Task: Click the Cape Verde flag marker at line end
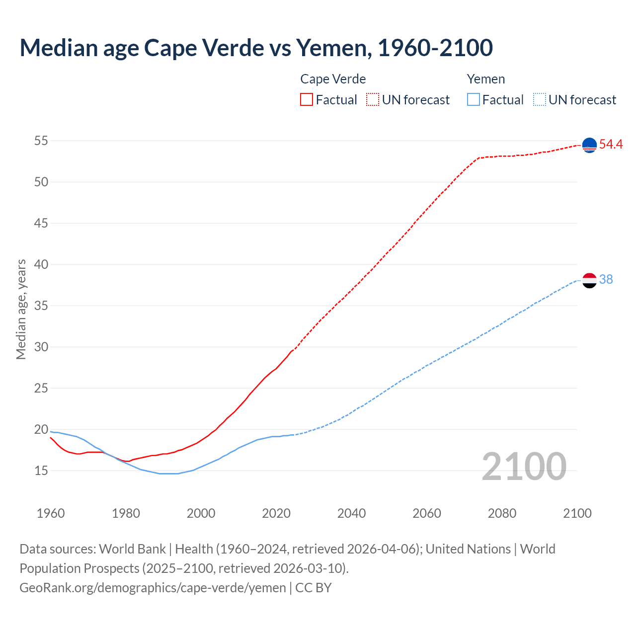[x=589, y=145]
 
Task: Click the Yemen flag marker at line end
[x=589, y=280]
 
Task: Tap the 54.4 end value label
[x=611, y=145]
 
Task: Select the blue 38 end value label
[x=606, y=280]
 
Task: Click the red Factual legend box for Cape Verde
[x=307, y=100]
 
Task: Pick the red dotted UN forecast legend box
[x=373, y=100]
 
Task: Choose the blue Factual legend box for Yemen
[x=474, y=100]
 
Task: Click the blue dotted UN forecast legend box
[x=540, y=100]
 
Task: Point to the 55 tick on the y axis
[x=41, y=141]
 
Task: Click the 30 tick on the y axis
[x=41, y=347]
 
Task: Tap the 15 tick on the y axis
[x=41, y=471]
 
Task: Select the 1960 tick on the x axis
[x=51, y=513]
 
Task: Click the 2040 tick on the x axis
[x=351, y=513]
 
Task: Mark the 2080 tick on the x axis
[x=502, y=513]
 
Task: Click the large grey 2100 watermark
[x=524, y=467]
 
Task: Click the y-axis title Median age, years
[x=21, y=309]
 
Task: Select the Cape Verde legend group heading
[x=333, y=79]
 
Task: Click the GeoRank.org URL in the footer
[x=153, y=588]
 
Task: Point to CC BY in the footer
[x=314, y=588]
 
